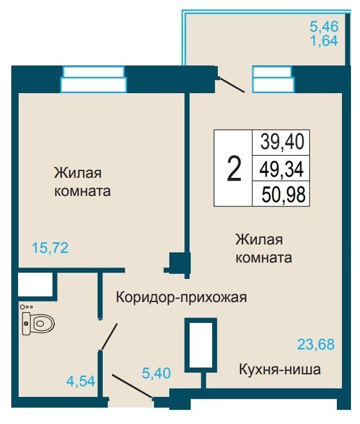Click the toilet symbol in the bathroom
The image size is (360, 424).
(x=38, y=323)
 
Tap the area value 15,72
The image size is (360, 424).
(x=50, y=248)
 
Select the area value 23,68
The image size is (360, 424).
(x=315, y=344)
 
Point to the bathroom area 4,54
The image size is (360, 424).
(x=81, y=381)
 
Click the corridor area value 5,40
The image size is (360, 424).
(x=156, y=373)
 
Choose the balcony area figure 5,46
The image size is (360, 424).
(x=324, y=27)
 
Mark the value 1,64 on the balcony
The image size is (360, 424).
(x=324, y=41)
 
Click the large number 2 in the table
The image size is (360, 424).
(x=234, y=169)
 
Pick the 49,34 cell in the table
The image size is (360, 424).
(x=282, y=169)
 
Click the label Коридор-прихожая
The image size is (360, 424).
(x=181, y=298)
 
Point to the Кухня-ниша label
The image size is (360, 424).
(x=280, y=369)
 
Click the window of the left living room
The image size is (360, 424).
(x=93, y=79)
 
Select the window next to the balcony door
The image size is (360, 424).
(x=273, y=80)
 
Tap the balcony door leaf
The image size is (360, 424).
(x=232, y=85)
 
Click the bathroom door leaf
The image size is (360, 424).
(x=109, y=336)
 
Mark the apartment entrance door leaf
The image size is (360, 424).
(x=132, y=386)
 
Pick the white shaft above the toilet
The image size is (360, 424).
(x=35, y=284)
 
